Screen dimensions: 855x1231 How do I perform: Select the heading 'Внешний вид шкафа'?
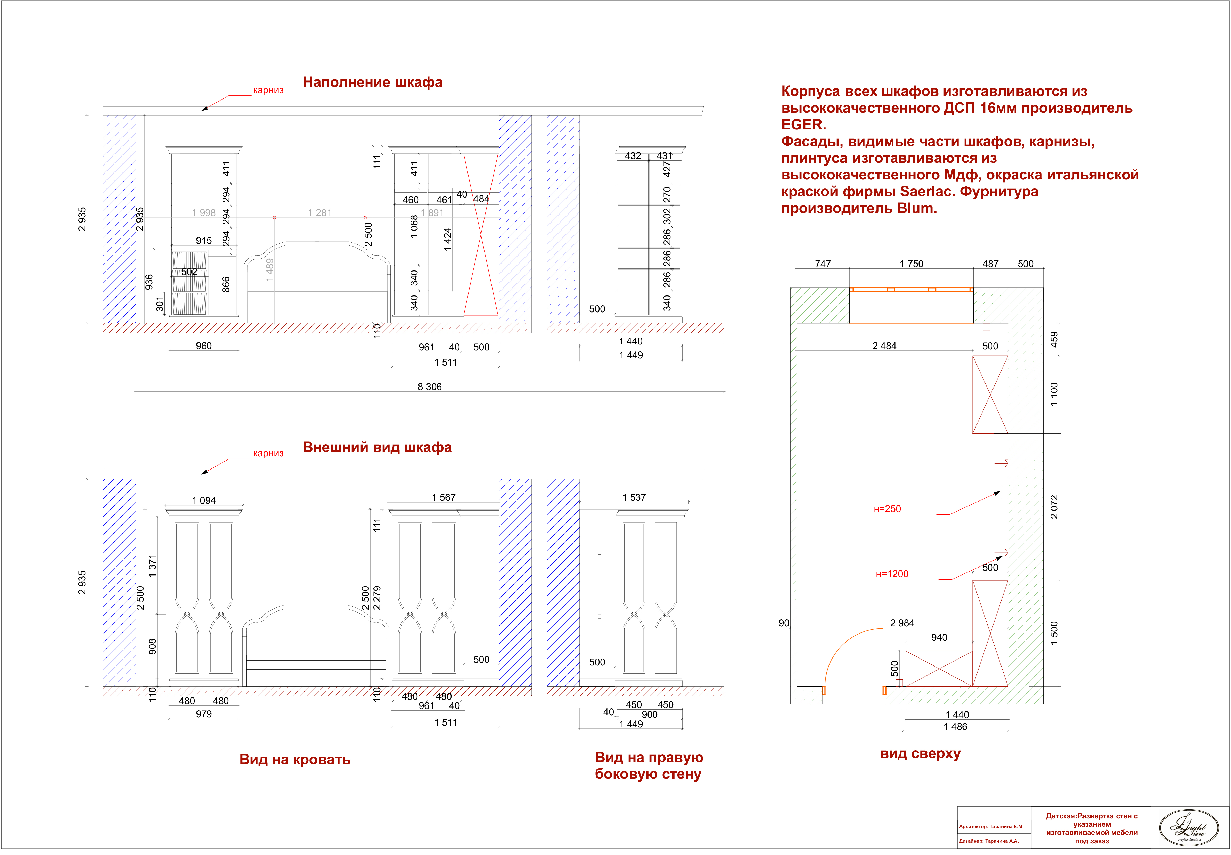click(377, 447)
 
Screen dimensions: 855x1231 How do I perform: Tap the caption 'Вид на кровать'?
click(295, 760)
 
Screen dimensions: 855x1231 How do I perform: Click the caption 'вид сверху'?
click(920, 754)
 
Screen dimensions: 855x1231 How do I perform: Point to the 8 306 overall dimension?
click(430, 387)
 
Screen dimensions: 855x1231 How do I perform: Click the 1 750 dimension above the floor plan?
click(911, 264)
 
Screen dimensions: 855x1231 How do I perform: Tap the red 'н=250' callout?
click(887, 509)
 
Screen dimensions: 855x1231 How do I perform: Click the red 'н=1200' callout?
click(892, 574)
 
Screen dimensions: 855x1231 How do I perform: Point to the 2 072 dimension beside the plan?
click(1054, 507)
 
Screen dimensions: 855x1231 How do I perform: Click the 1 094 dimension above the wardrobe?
click(203, 500)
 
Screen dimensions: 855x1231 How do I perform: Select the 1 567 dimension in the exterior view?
click(444, 497)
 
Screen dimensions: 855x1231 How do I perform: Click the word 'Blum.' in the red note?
click(917, 208)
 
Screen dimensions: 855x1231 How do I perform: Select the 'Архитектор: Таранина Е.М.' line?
click(991, 827)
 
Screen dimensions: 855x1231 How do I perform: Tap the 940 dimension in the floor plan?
click(939, 637)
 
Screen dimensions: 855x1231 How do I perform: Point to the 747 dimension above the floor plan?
click(823, 264)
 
